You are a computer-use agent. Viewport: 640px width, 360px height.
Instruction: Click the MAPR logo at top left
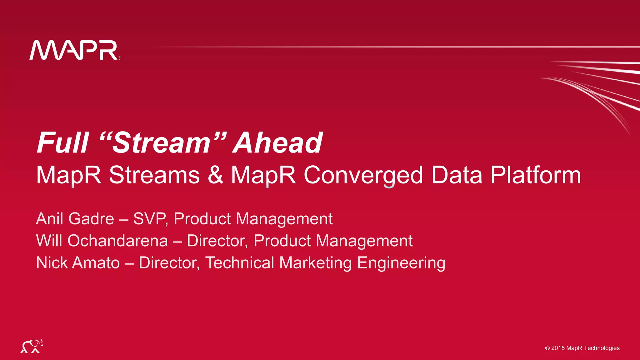tap(74, 50)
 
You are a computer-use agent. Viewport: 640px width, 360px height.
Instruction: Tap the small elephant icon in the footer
tap(32, 346)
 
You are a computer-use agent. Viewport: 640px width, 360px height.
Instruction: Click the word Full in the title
tap(63, 143)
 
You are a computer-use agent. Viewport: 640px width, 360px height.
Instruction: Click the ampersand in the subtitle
tap(215, 175)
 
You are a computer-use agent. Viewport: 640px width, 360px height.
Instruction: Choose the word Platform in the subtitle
tap(535, 175)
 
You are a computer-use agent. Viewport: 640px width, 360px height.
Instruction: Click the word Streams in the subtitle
tap(154, 175)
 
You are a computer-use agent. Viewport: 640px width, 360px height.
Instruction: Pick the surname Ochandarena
tap(117, 241)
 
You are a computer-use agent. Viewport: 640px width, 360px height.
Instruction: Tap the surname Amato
tap(96, 262)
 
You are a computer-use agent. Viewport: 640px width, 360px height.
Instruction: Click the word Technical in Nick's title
tap(240, 262)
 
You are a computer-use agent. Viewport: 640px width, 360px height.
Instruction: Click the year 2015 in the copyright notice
tap(558, 348)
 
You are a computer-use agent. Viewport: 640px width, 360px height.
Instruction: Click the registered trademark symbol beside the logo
tap(119, 58)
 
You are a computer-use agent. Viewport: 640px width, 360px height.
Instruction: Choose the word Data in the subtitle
tap(457, 175)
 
